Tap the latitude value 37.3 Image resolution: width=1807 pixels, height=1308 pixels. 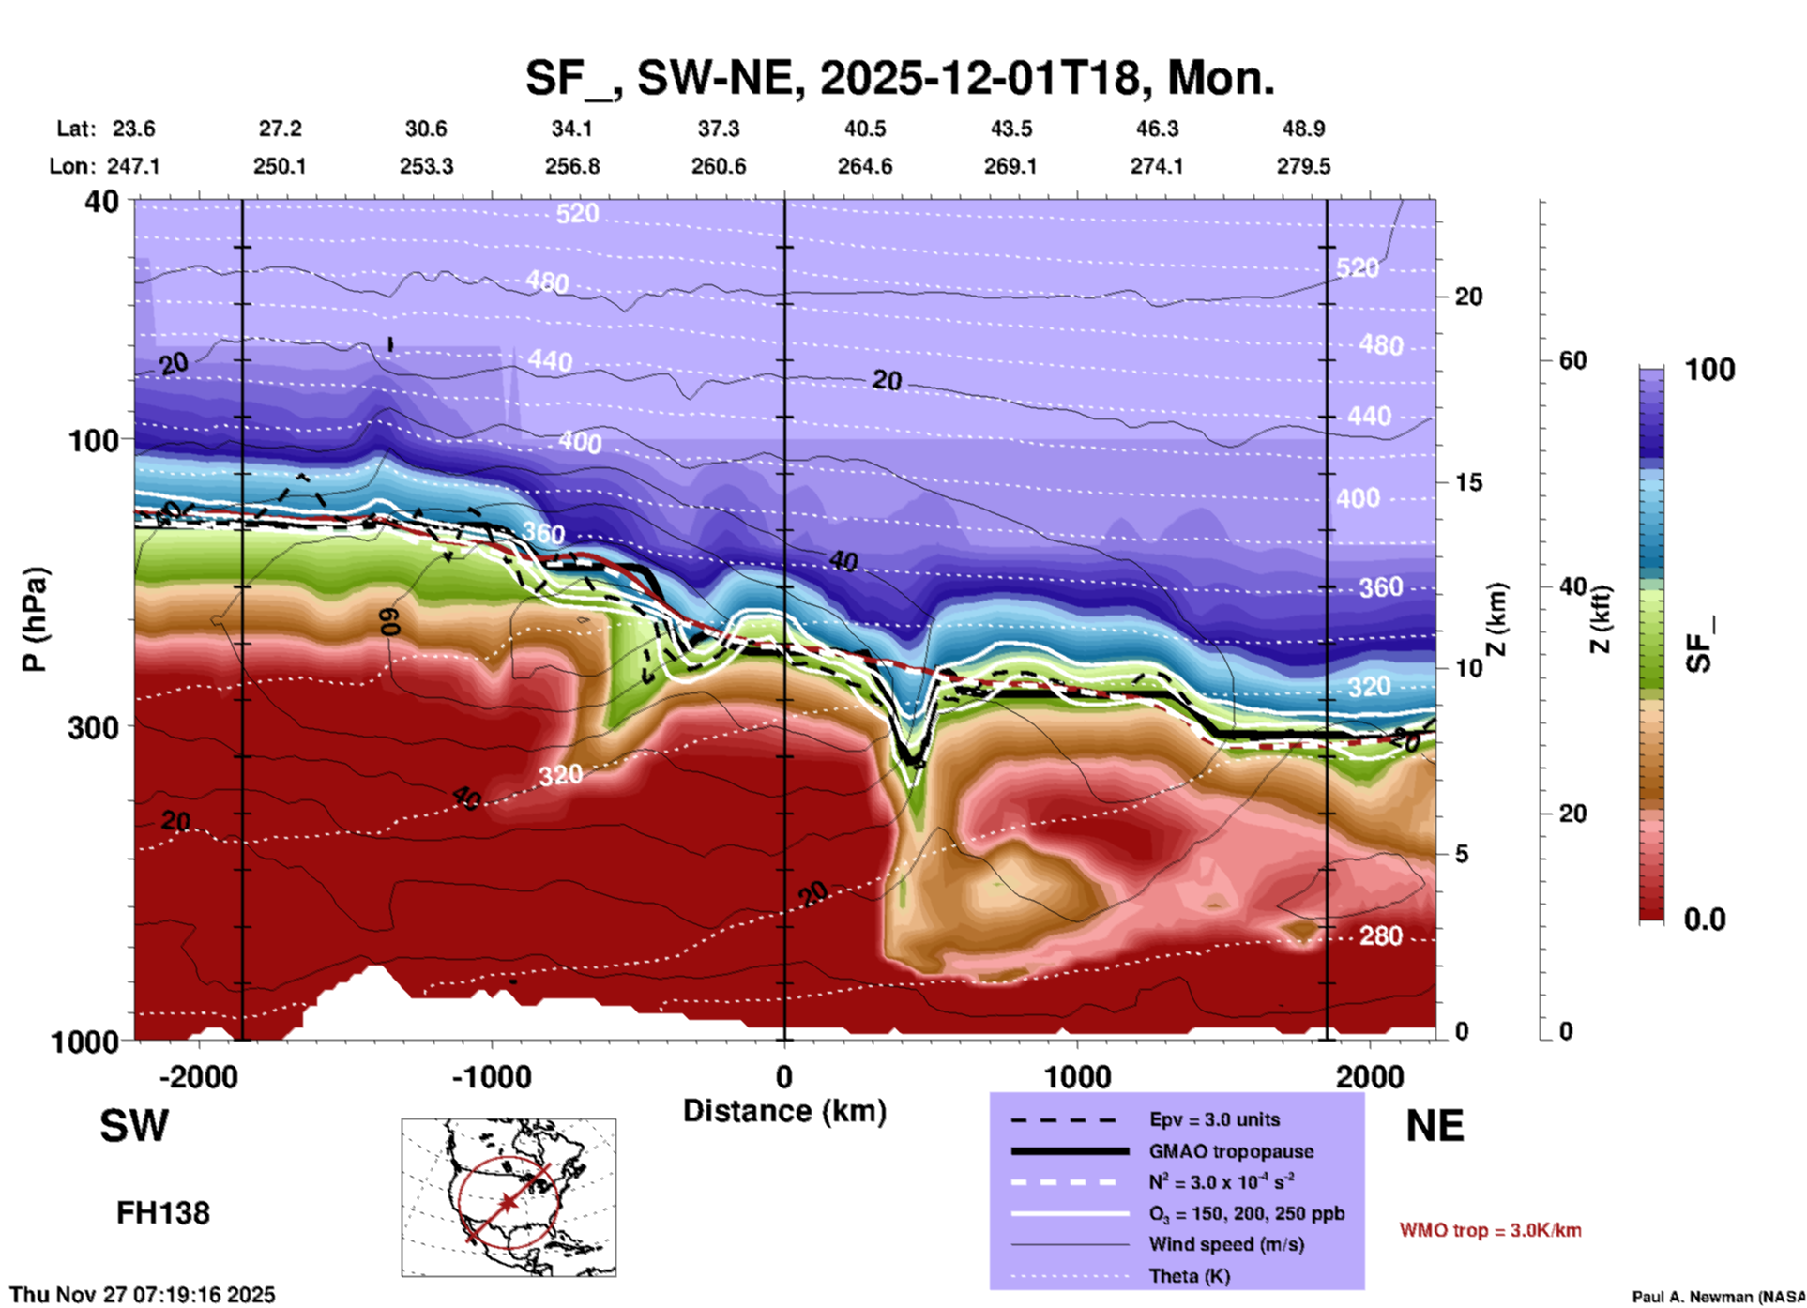718,129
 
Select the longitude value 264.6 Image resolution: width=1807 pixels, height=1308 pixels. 864,166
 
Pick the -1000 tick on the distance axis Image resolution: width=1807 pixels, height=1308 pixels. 491,1076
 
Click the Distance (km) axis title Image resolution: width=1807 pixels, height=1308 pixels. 784,1111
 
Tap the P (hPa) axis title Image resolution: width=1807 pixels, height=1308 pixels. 35,619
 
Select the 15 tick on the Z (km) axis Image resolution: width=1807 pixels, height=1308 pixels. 1468,482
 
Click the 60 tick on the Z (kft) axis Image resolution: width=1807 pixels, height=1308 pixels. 1572,360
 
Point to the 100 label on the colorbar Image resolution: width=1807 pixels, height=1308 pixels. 1709,370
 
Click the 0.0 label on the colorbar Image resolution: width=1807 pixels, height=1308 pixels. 1705,920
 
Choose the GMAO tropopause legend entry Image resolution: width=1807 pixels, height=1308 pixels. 1230,1151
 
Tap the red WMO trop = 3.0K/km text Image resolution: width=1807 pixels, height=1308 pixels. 1490,1230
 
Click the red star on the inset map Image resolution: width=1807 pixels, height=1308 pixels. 508,1202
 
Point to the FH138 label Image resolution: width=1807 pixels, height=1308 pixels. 163,1213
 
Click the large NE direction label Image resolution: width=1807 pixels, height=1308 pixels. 1435,1126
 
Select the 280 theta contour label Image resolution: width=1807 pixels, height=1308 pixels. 1380,935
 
